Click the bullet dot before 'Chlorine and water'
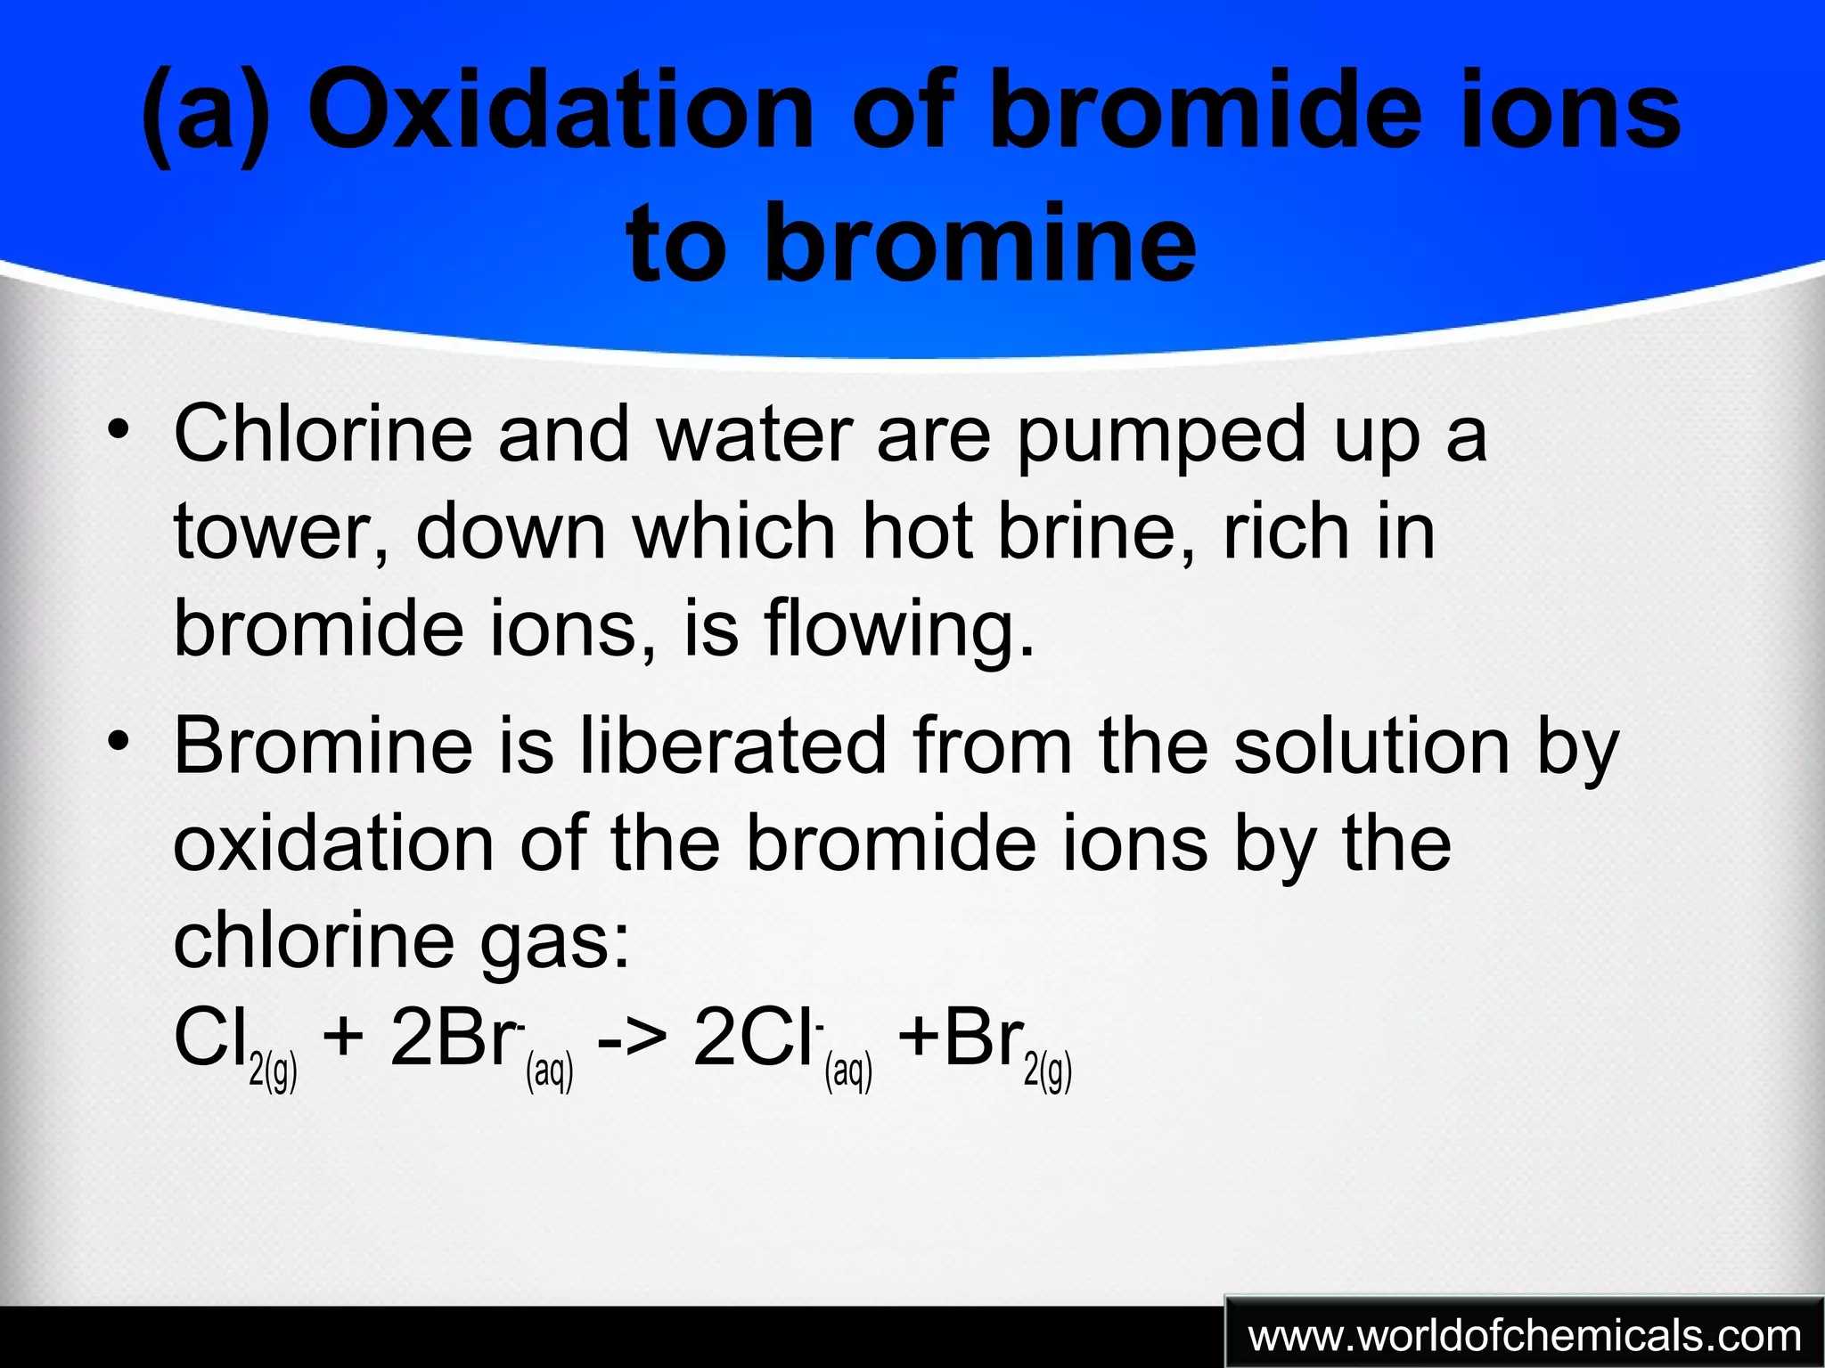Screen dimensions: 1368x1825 [117, 430]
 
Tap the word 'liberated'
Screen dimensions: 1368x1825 [732, 745]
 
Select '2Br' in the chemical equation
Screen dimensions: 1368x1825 [454, 1038]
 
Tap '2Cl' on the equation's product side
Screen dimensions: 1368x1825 [754, 1038]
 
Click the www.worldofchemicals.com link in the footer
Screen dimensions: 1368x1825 [1525, 1336]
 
